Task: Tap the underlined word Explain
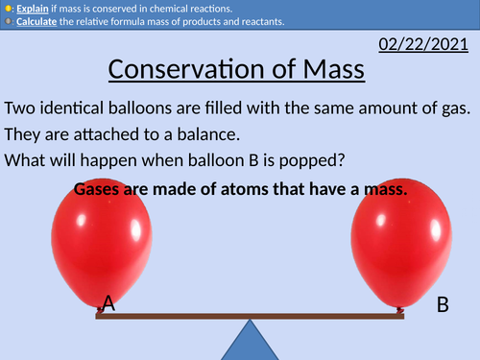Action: click(x=32, y=9)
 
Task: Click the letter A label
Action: click(x=108, y=304)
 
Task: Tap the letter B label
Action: click(x=443, y=305)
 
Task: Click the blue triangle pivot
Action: click(x=252, y=340)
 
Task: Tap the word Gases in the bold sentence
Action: click(x=100, y=189)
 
